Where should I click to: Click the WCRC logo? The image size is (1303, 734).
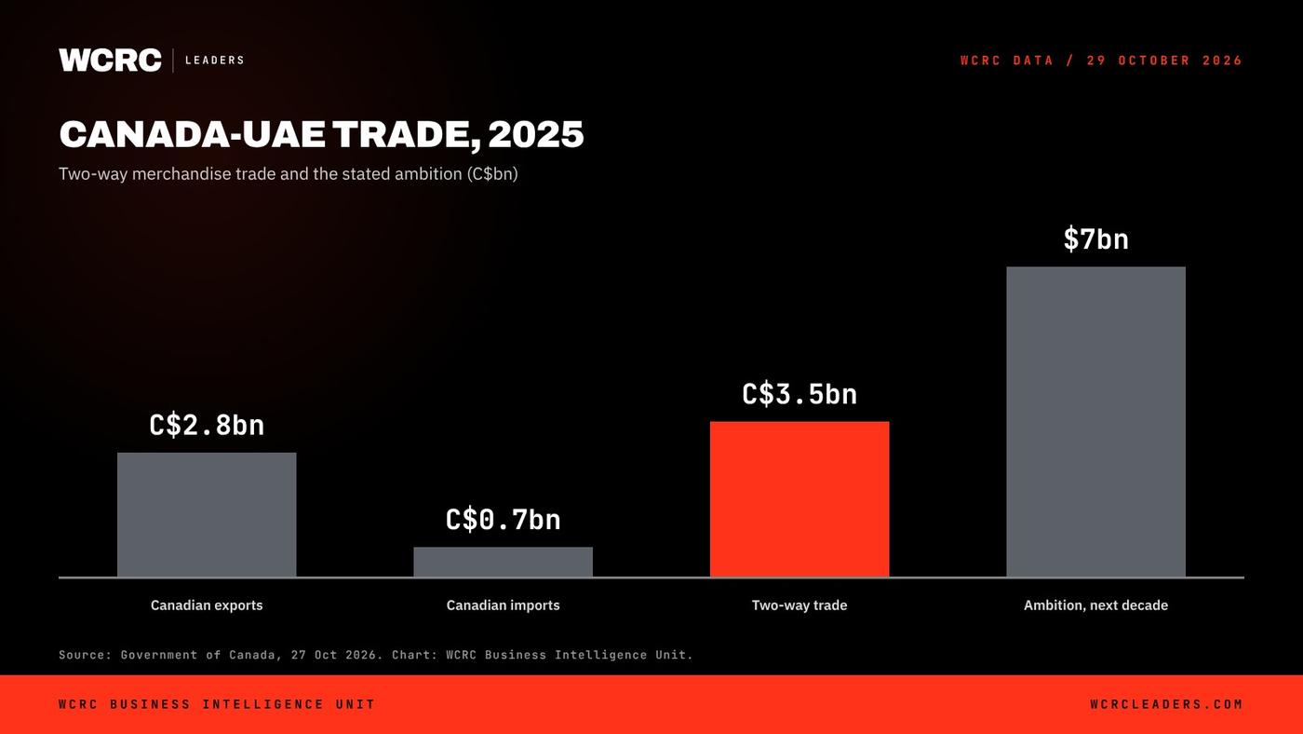tap(110, 60)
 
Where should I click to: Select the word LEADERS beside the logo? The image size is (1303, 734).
tap(215, 60)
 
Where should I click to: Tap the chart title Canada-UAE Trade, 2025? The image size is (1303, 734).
tap(321, 134)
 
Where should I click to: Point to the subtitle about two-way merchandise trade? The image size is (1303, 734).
tap(288, 173)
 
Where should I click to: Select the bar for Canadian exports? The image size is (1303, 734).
tap(207, 514)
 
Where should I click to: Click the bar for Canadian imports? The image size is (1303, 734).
tap(504, 562)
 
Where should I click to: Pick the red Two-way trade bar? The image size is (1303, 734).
tap(799, 499)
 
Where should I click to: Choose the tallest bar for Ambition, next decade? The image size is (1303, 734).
tap(1096, 421)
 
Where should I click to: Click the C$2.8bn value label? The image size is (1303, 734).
tap(207, 426)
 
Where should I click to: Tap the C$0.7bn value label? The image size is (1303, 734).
tap(504, 520)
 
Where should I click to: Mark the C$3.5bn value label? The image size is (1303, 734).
tap(799, 395)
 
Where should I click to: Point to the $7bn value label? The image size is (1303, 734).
tap(1096, 239)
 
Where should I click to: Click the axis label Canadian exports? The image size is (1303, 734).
tap(207, 605)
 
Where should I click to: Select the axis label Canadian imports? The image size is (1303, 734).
tap(504, 605)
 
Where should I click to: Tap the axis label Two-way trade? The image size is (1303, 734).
tap(799, 605)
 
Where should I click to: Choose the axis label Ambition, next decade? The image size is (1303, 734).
tap(1096, 605)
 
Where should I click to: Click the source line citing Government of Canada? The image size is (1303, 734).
tap(376, 655)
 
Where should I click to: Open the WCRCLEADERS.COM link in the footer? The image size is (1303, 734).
tap(1166, 704)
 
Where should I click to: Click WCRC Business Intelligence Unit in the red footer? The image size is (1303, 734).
tap(217, 704)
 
